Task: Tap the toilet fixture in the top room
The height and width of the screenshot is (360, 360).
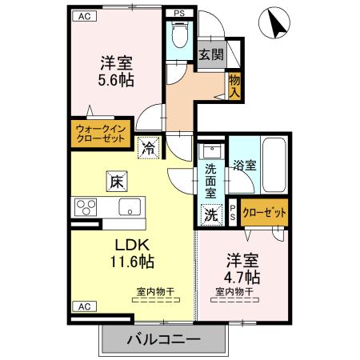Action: point(179,37)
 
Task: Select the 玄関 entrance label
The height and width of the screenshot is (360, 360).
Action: point(212,56)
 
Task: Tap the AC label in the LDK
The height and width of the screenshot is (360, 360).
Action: point(82,306)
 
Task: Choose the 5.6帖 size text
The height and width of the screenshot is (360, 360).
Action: point(116,80)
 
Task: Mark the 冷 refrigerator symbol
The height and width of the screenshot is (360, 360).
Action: point(148,147)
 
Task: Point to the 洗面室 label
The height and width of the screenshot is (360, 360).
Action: point(210,180)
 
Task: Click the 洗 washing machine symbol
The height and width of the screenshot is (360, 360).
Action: point(210,214)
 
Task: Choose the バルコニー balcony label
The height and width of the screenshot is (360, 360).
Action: point(162,340)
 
